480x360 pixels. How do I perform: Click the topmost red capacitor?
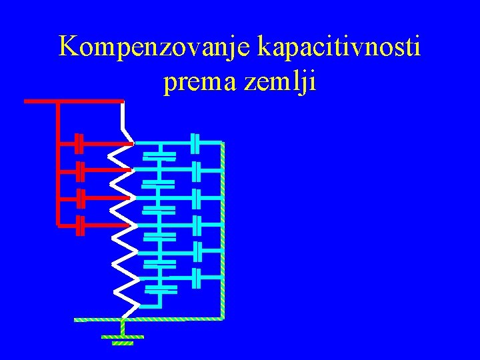[x=79, y=142]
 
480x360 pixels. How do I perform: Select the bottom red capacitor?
[x=79, y=226]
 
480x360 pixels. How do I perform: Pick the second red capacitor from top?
[x=79, y=170]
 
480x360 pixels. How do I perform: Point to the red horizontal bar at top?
[x=73, y=101]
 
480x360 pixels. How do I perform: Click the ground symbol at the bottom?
[x=123, y=339]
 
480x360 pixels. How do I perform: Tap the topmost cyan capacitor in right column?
[x=195, y=142]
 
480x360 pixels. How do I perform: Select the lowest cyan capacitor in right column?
[x=195, y=276]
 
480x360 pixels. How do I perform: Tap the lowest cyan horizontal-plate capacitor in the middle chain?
[x=161, y=289]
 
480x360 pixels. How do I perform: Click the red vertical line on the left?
[x=58, y=163]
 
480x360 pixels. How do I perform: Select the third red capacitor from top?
[x=79, y=198]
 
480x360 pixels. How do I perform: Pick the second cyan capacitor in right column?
[x=195, y=171]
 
